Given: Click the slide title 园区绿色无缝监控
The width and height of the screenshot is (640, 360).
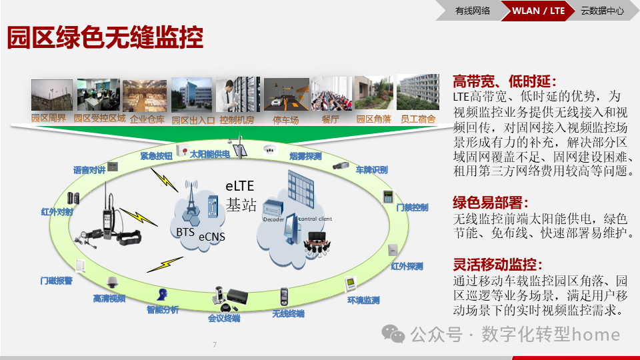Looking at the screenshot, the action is point(105,38).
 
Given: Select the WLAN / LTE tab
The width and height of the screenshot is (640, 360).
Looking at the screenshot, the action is point(538,10).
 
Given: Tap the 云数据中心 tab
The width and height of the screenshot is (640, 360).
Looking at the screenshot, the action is point(602,10).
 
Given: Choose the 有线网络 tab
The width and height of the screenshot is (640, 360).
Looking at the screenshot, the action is point(473,10).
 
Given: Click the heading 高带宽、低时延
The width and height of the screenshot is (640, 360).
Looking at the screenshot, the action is point(504,81).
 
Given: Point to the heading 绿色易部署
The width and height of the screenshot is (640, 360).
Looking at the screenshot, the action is point(491,203).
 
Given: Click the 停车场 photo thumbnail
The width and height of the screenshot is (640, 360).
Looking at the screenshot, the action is point(286,95).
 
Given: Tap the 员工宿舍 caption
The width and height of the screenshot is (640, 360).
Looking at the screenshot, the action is point(417,119).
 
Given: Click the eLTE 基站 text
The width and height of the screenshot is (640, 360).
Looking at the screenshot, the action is point(241,195).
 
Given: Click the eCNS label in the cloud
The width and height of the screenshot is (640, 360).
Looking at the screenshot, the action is point(211,237).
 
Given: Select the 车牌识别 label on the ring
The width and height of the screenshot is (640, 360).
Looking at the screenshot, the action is point(371,170).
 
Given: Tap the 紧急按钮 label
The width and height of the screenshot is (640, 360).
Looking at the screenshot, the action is point(156,155).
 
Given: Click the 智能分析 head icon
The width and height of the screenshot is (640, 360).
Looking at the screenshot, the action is point(162,294).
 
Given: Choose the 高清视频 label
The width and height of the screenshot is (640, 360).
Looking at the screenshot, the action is point(109,298).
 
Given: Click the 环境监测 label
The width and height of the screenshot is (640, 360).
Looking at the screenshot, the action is point(363,301).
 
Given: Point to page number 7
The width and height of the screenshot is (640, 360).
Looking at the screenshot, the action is point(215,345).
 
